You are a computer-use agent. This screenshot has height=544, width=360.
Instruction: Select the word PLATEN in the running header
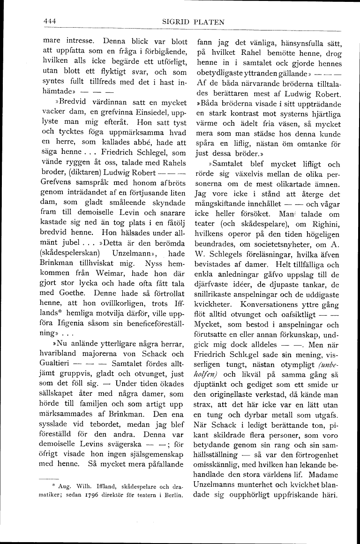(x=208, y=22)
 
